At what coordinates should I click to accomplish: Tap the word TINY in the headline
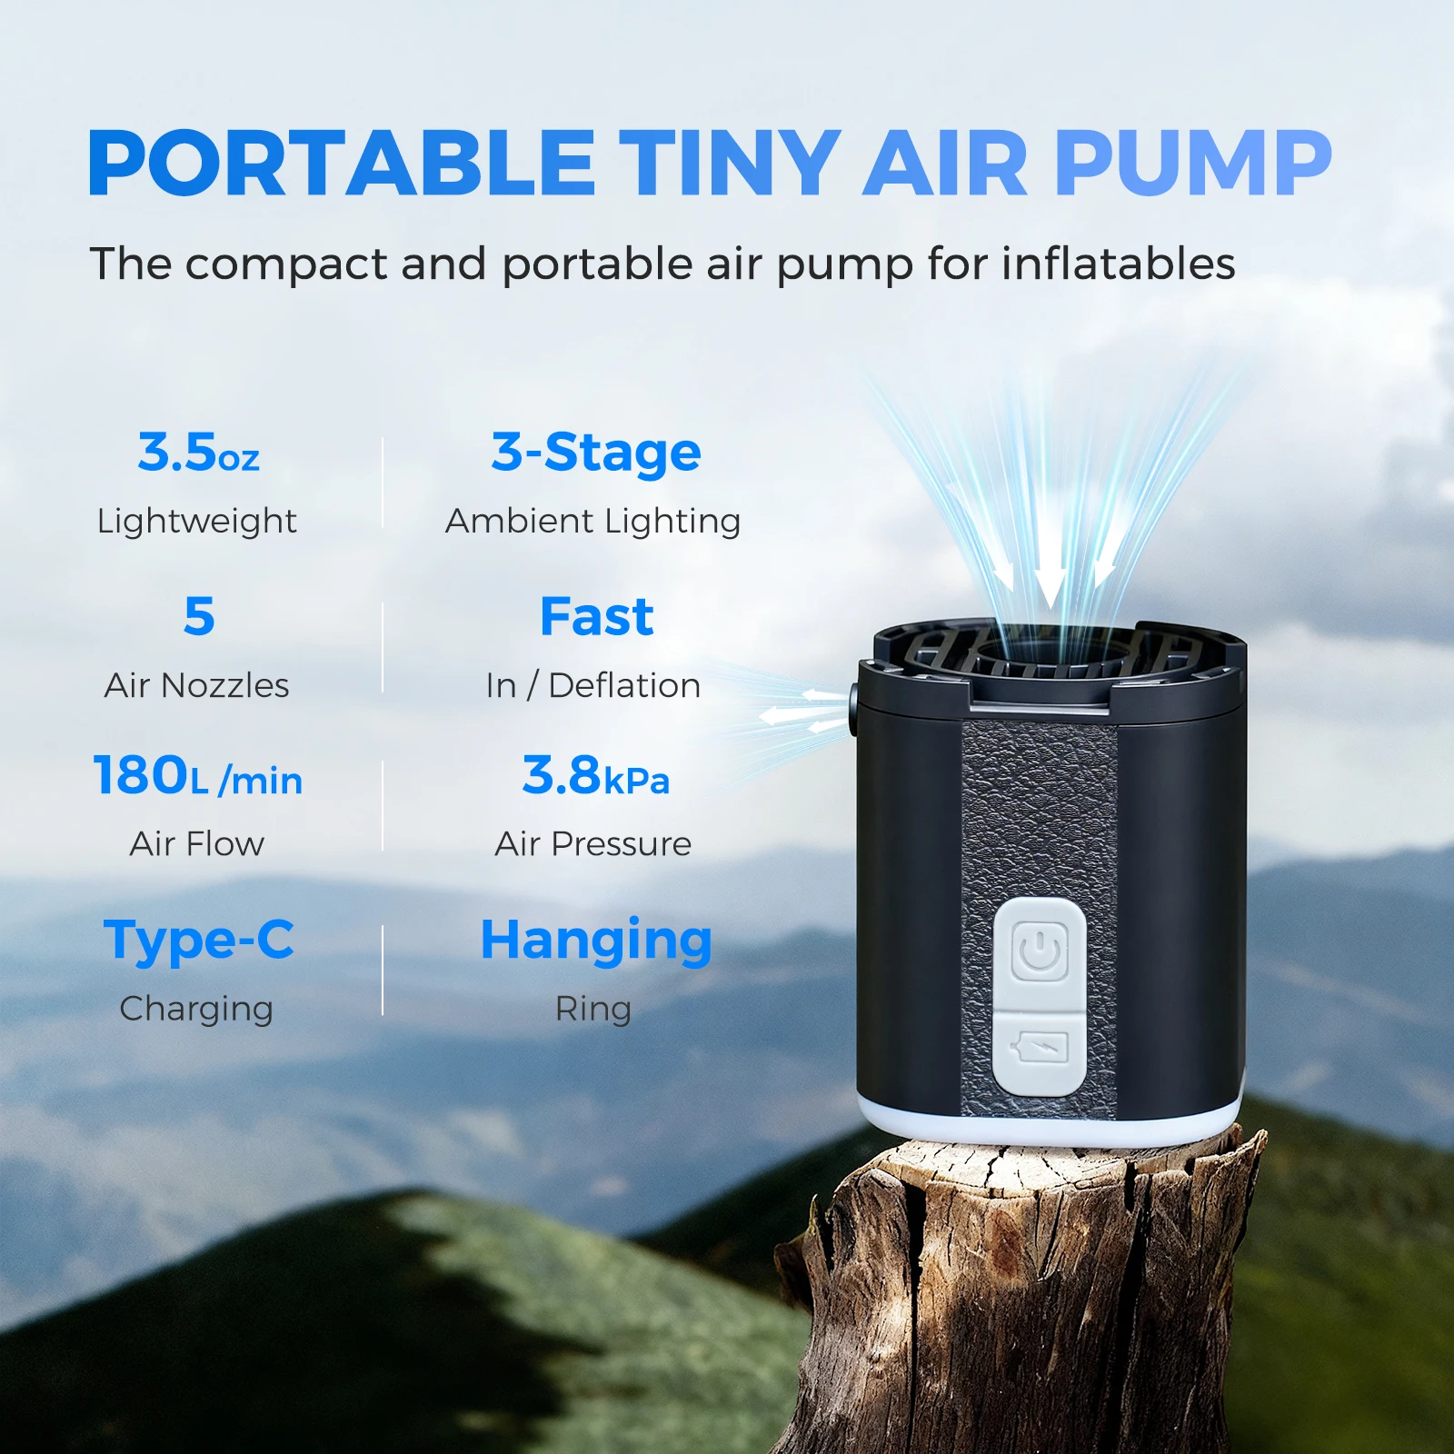tap(730, 164)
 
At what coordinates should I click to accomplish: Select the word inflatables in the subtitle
tap(1118, 264)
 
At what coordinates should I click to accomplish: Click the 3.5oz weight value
tap(198, 453)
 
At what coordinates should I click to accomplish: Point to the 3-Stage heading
tap(595, 453)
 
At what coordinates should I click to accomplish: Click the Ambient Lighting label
tap(593, 522)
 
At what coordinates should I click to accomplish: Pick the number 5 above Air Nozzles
tap(199, 616)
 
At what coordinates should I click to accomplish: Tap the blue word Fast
tap(596, 617)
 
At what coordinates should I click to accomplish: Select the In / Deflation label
tap(593, 686)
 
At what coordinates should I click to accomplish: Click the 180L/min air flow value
tap(197, 777)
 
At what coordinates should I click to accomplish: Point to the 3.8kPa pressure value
tap(595, 777)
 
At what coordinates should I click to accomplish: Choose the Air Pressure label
tap(593, 844)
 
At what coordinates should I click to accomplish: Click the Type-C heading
tap(199, 940)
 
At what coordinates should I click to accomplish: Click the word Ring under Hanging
tap(593, 1009)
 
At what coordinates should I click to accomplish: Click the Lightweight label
tap(196, 522)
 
